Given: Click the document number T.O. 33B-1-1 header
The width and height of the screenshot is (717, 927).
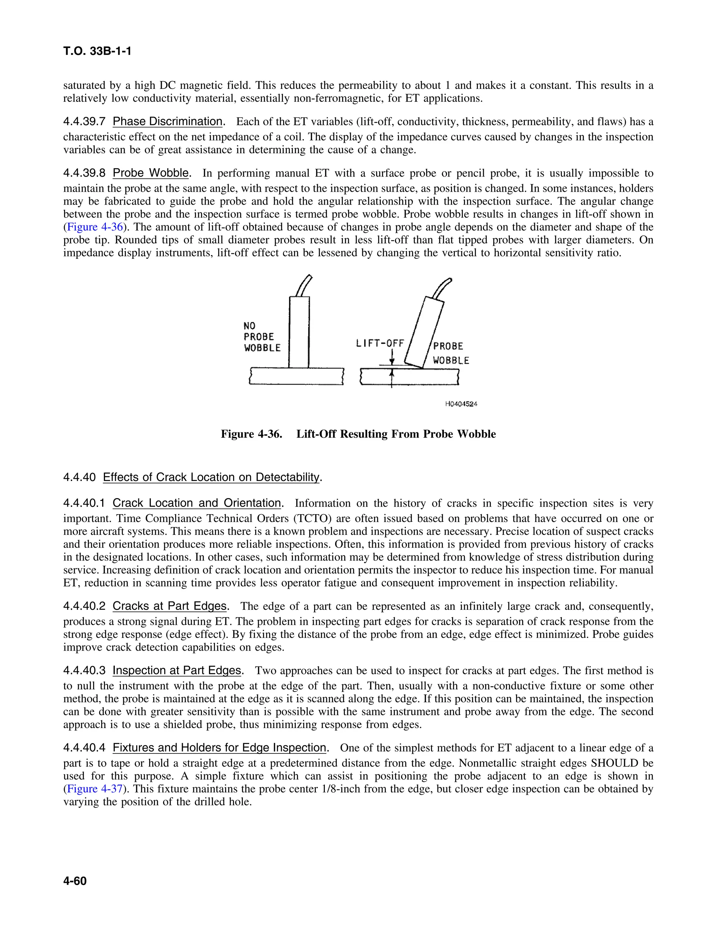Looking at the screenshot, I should [97, 51].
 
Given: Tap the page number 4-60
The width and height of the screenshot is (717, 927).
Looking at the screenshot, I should [75, 881].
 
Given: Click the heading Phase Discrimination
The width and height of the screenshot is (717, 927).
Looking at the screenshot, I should [167, 122].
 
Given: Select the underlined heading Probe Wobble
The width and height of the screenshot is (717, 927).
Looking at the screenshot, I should [151, 173].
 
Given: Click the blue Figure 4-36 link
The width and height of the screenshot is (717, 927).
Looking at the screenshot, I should [95, 227].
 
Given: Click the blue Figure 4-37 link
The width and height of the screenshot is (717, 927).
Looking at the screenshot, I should [95, 789].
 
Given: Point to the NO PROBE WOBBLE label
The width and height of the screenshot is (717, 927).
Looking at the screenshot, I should [261, 337].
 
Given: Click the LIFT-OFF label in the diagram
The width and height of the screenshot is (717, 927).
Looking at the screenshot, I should [380, 343].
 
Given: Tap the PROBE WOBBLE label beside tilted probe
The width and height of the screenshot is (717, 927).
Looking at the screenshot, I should [450, 353].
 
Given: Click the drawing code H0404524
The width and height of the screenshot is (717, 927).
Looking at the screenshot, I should [461, 404].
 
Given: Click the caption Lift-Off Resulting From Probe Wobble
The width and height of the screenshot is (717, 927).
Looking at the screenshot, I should [396, 434].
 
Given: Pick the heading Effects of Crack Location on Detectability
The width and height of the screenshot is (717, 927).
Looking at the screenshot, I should [211, 477].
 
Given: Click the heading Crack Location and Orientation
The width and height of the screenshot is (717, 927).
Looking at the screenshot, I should [197, 503].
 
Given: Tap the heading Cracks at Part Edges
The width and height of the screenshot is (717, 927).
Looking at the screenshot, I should [169, 607].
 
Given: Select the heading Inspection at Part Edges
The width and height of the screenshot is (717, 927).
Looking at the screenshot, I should [177, 671].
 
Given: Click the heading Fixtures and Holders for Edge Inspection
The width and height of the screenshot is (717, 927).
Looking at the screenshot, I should [219, 748].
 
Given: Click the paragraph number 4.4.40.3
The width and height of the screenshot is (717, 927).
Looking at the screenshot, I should [84, 671].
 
